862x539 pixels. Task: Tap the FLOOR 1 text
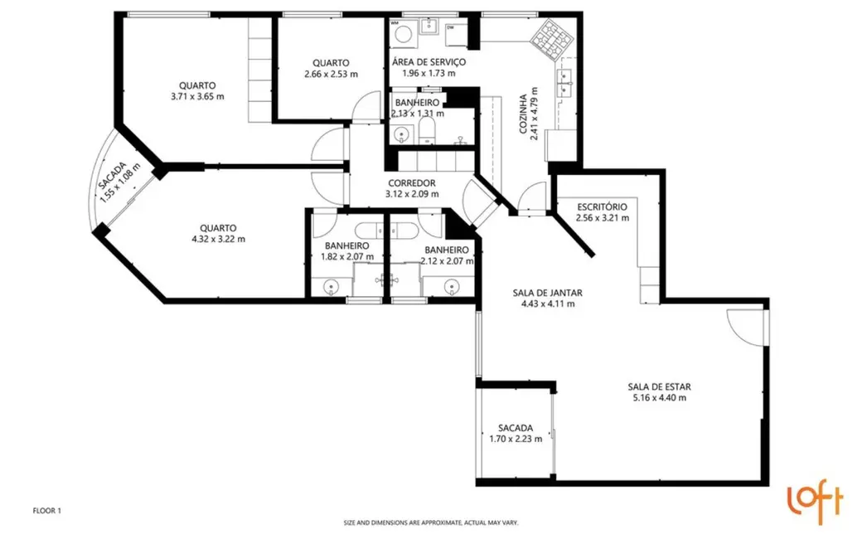(x=47, y=512)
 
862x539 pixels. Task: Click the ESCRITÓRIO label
(x=602, y=206)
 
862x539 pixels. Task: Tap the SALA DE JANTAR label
(x=547, y=293)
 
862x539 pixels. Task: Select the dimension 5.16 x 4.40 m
(x=659, y=398)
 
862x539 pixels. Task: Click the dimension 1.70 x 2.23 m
(x=516, y=439)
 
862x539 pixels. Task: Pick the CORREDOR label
(x=412, y=183)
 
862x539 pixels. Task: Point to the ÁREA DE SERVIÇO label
(x=429, y=62)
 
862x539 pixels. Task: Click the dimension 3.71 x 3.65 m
(x=197, y=96)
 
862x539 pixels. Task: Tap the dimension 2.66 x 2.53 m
(x=331, y=74)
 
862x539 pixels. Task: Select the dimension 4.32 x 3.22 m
(x=218, y=239)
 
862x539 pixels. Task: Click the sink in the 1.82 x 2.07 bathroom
(x=331, y=288)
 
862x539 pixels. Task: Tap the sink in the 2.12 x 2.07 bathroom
(x=452, y=288)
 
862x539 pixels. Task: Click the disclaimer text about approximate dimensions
(x=431, y=523)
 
